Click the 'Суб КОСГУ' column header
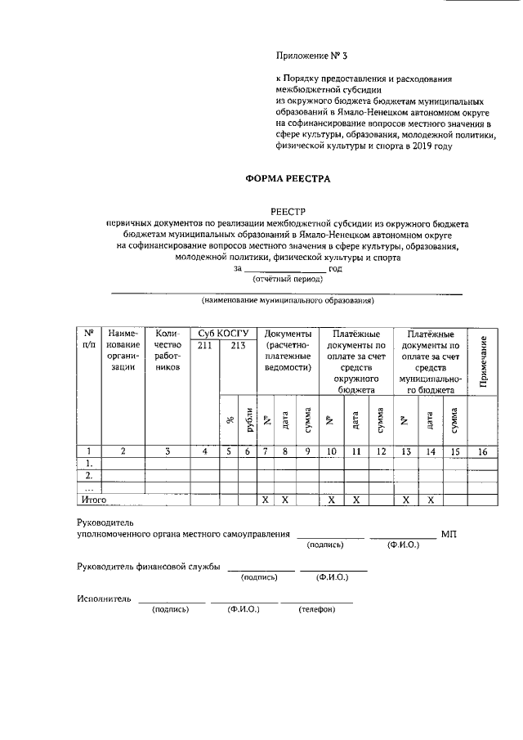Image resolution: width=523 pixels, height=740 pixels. click(x=222, y=334)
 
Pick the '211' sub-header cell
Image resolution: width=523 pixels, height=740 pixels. click(x=205, y=346)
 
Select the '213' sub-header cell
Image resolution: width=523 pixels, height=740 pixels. click(x=239, y=346)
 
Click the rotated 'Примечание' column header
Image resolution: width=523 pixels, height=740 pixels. click(x=483, y=362)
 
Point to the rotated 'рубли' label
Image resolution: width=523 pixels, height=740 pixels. click(x=248, y=420)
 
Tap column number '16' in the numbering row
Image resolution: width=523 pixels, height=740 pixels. click(x=483, y=450)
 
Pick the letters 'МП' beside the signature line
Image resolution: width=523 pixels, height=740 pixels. click(x=449, y=534)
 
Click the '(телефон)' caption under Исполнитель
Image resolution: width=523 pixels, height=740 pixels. click(x=316, y=609)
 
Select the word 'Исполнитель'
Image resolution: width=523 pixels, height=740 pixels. click(x=104, y=599)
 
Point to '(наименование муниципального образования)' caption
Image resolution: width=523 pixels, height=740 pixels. click(x=288, y=301)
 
